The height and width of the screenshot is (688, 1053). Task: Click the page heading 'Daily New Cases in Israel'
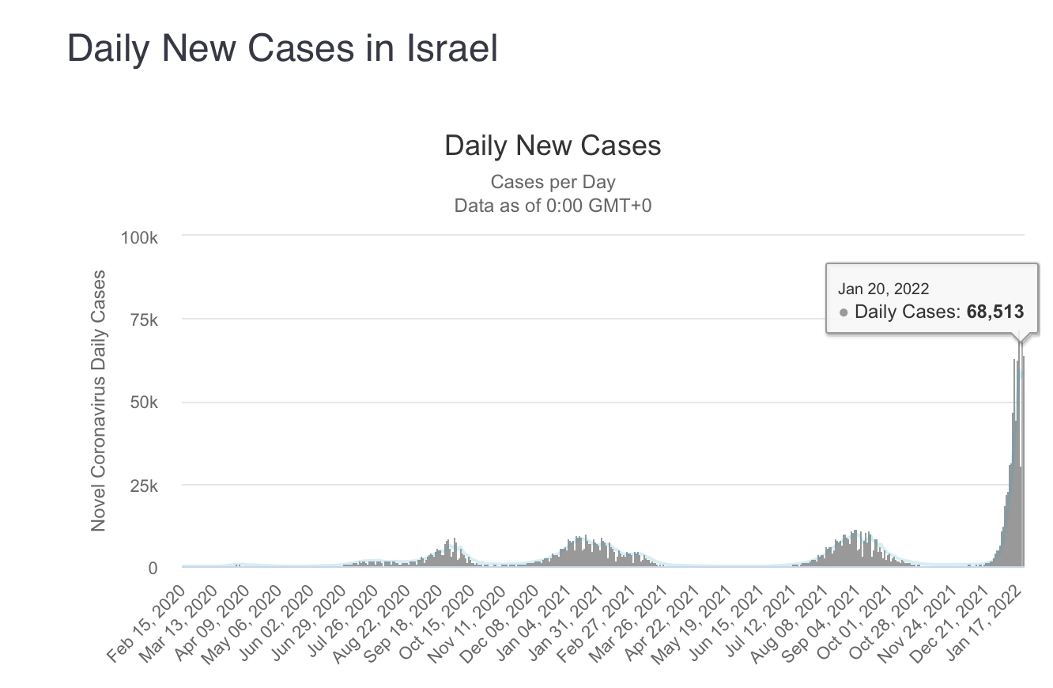282,49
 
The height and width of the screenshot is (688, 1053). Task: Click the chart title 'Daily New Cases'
553,146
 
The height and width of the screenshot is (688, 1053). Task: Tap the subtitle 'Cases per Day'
553,182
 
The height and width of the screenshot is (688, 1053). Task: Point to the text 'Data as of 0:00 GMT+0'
553,206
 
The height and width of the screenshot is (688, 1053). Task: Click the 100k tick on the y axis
140,237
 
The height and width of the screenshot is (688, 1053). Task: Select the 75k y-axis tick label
144,319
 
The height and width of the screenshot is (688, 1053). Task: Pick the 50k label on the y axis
144,403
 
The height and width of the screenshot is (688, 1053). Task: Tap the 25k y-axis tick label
144,486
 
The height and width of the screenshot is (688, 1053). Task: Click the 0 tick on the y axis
153,569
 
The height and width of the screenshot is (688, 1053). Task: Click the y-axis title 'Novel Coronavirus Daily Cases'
99,402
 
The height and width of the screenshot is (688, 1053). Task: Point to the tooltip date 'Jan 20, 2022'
884,289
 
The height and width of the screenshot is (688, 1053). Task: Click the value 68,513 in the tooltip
994,312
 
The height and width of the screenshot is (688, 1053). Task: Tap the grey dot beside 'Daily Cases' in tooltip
844,312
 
